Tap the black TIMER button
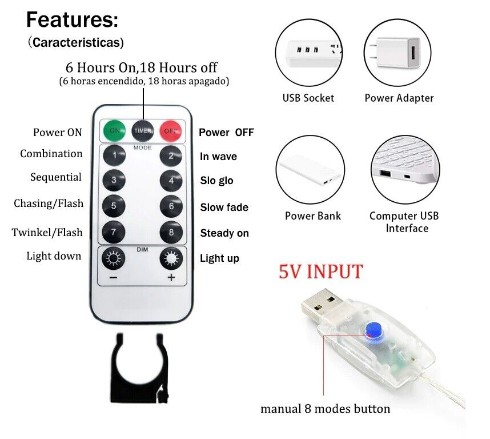pos(143,131)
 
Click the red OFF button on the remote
pos(171,131)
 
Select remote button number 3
pos(114,181)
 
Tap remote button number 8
pos(171,232)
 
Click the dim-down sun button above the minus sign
pos(114,258)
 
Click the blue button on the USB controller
pos(375,331)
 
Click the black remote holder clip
pos(139,368)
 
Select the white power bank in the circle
pos(310,171)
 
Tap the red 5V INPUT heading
pos(320,271)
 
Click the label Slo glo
pos(216,181)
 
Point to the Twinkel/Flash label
pos(47,232)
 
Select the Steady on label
pos(224,233)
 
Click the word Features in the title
pos(72,19)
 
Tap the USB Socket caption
pos(308,98)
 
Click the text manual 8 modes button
pos(326,409)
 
